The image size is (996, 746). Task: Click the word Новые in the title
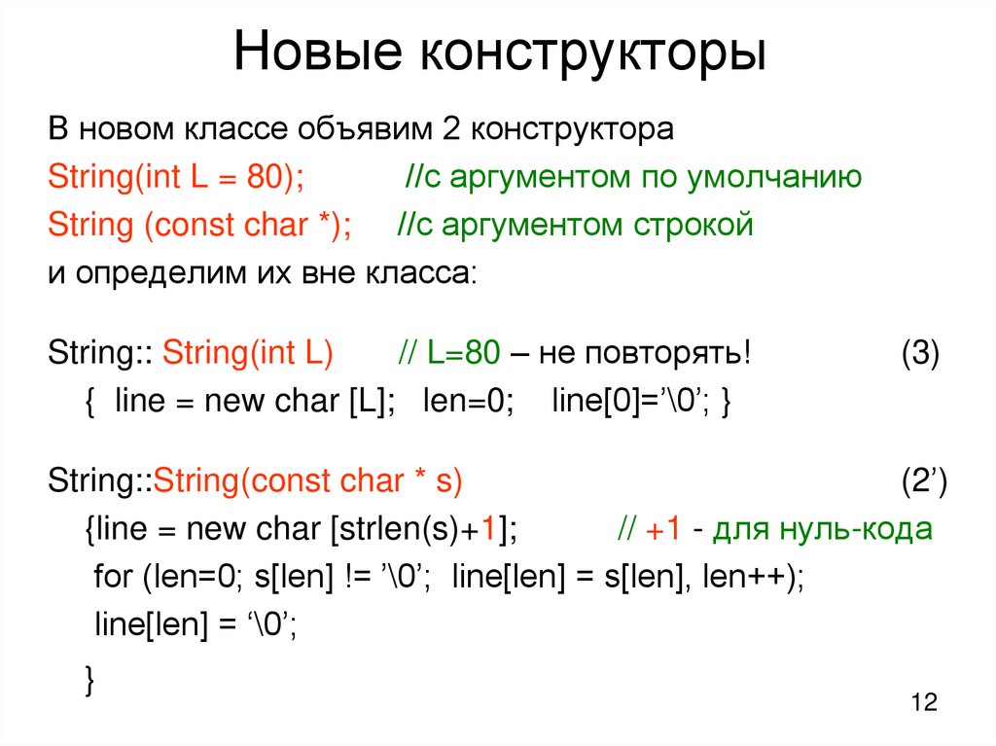pos(317,54)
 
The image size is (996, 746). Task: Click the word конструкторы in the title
pos(592,54)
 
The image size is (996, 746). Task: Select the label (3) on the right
pos(919,354)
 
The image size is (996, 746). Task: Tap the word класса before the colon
pos(420,273)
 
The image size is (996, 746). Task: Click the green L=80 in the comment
pos(462,354)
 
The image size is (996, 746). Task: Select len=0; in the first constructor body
pos(468,402)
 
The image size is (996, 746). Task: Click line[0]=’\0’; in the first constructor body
pos(633,402)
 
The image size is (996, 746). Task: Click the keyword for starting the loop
pos(113,577)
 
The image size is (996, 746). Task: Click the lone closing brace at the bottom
pos(89,678)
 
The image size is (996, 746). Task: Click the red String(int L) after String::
pos(248,354)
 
